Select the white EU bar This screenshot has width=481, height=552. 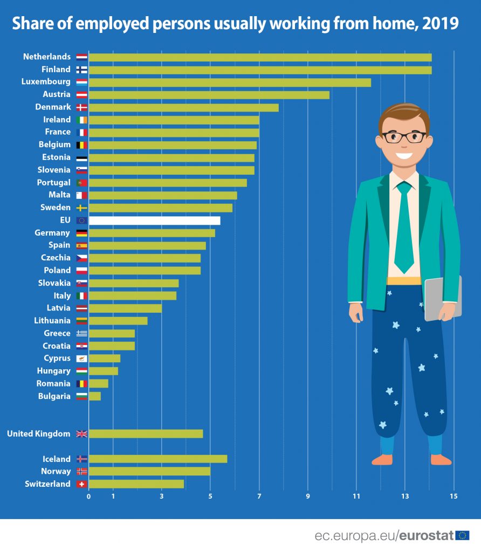pos(154,220)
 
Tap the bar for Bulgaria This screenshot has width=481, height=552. pos(94,396)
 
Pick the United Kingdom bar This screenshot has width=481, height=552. pos(146,434)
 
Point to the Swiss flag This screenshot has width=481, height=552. pos(82,484)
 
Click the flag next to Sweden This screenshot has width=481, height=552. pos(82,208)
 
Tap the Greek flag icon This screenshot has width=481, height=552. pos(82,333)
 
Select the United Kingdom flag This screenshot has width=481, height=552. pos(82,434)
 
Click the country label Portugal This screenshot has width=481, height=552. pos(53,182)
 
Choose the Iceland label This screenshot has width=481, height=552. pos(57,459)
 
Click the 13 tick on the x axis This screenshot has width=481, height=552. pos(405,496)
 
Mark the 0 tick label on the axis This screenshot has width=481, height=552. pos(88,496)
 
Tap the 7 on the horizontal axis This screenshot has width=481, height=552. pos(259,496)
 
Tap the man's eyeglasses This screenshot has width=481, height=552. pos(404,137)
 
